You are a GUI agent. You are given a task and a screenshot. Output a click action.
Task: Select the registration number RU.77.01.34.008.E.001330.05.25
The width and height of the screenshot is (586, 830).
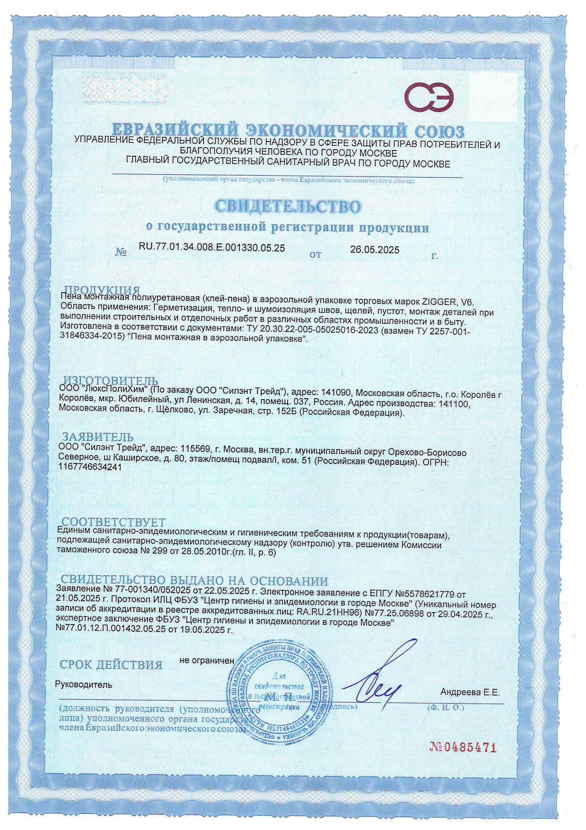[211, 247]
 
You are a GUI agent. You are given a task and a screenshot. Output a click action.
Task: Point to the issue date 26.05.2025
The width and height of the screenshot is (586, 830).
[375, 250]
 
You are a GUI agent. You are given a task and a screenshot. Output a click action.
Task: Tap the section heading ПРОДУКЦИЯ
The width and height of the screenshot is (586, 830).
[102, 290]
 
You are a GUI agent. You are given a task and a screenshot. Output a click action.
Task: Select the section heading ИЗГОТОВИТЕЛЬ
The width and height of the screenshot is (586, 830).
[111, 381]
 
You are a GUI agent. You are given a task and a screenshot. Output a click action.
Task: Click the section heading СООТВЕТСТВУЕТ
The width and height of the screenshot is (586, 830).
[114, 522]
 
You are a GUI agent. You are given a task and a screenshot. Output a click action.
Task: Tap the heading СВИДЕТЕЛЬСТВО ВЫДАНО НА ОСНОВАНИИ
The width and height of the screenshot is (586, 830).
[194, 581]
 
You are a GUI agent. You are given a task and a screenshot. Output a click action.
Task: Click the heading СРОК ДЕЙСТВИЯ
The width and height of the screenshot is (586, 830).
[111, 665]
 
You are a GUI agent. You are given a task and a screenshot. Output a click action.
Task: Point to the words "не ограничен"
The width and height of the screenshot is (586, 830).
[207, 660]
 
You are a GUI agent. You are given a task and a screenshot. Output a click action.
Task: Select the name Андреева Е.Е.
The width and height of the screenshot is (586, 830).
[470, 692]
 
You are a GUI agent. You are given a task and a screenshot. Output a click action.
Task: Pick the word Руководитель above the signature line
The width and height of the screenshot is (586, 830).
[84, 684]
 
